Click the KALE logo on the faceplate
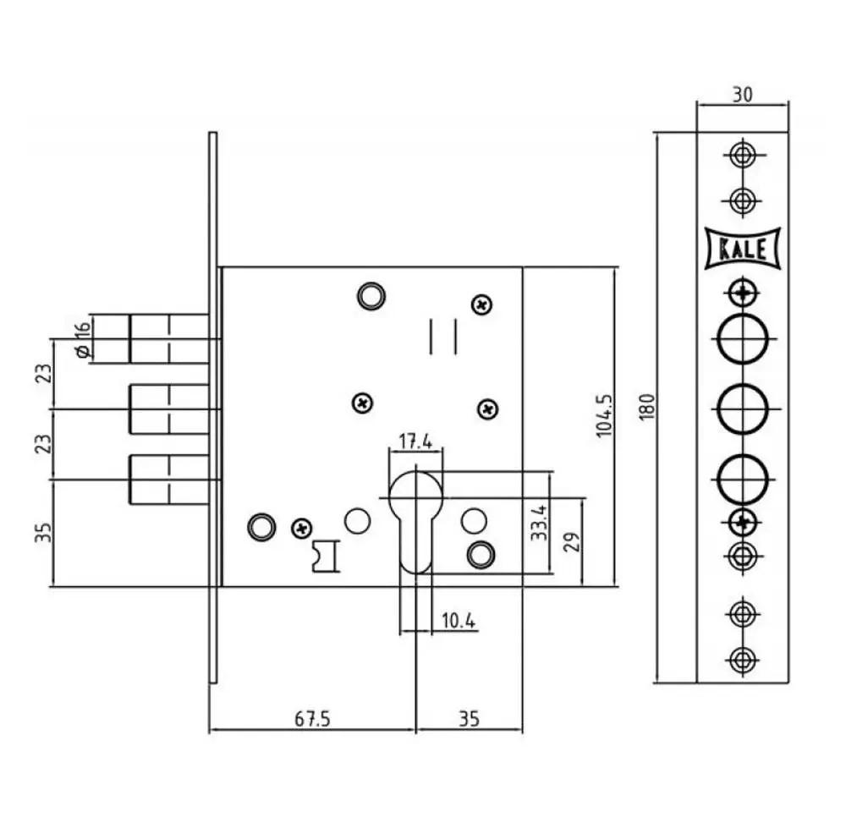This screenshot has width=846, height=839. [743, 249]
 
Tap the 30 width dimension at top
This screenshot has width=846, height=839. [743, 95]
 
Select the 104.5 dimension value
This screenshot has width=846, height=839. [605, 415]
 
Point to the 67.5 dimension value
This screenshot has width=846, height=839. [312, 719]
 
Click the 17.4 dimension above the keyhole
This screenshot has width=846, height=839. [415, 441]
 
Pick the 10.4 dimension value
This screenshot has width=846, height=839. [459, 621]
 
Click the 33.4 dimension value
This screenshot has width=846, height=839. [538, 523]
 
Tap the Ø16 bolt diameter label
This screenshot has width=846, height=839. [83, 340]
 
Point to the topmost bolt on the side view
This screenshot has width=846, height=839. [169, 339]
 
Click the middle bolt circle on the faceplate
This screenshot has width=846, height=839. [743, 409]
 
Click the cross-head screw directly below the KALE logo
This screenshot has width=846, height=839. [743, 293]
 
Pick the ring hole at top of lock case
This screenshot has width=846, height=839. [371, 296]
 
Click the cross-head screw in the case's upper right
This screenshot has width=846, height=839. [482, 304]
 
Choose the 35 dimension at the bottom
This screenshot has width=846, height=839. [469, 719]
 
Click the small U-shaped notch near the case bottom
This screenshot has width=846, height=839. [326, 556]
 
